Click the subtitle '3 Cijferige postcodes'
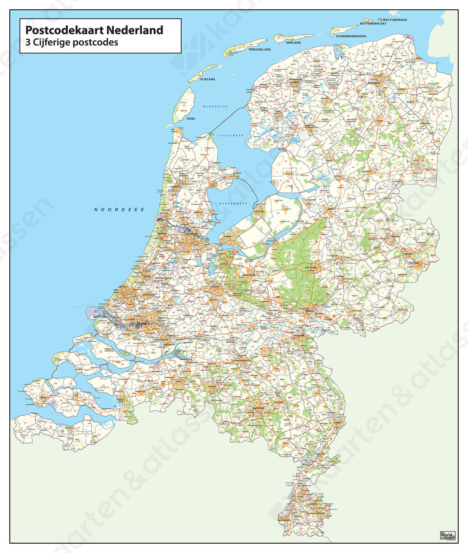click(72, 42)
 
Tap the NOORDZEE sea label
click(119, 210)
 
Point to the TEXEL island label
click(191, 118)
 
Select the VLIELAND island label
click(207, 79)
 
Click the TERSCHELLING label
click(259, 49)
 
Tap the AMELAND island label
click(293, 42)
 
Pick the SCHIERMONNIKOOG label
click(351, 36)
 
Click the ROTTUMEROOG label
click(395, 20)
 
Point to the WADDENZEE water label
click(215, 106)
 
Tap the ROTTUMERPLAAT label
click(373, 23)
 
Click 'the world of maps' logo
click(447, 535)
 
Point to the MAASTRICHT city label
click(284, 520)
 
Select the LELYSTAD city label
click(259, 211)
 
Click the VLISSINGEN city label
click(32, 404)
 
